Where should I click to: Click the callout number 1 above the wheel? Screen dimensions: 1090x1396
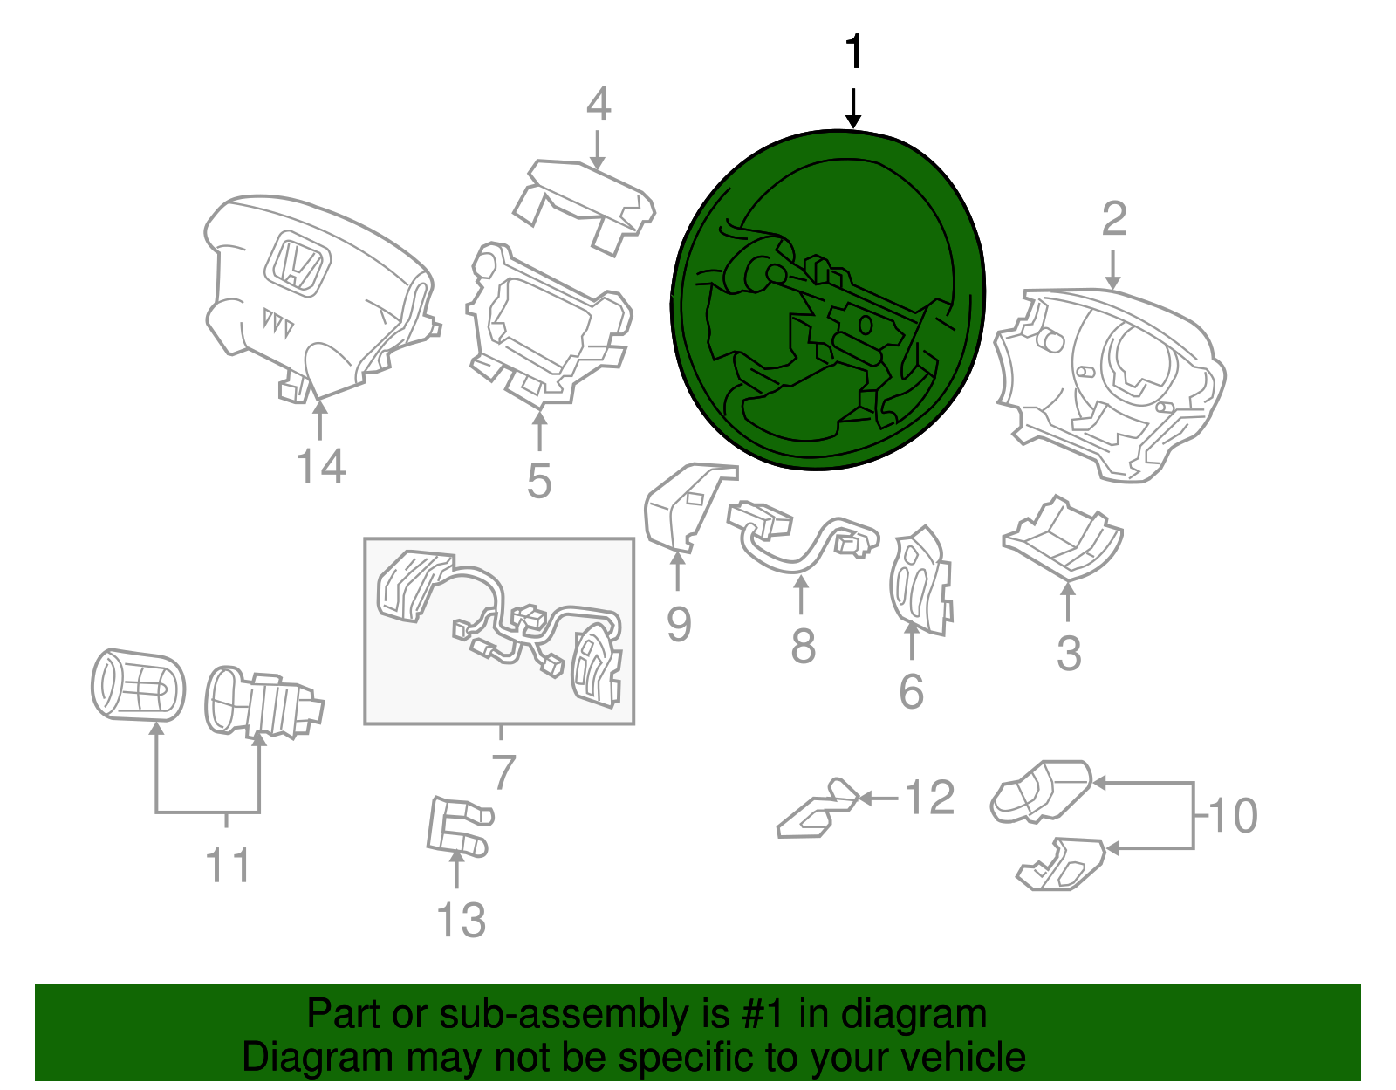(854, 52)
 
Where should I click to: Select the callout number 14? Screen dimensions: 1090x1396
(321, 466)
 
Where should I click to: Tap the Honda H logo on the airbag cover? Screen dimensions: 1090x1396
(298, 264)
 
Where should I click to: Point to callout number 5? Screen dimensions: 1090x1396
(539, 481)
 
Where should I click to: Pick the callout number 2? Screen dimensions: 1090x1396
(1114, 218)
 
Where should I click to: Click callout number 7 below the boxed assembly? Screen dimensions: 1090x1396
(503, 772)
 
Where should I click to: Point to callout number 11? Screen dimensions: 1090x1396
(227, 865)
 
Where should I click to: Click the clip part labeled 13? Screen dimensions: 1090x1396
(457, 826)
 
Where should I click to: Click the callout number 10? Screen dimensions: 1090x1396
(1233, 816)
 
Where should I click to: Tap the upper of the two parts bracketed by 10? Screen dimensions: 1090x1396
(1041, 791)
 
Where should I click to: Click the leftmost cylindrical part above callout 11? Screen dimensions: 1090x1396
(138, 685)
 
